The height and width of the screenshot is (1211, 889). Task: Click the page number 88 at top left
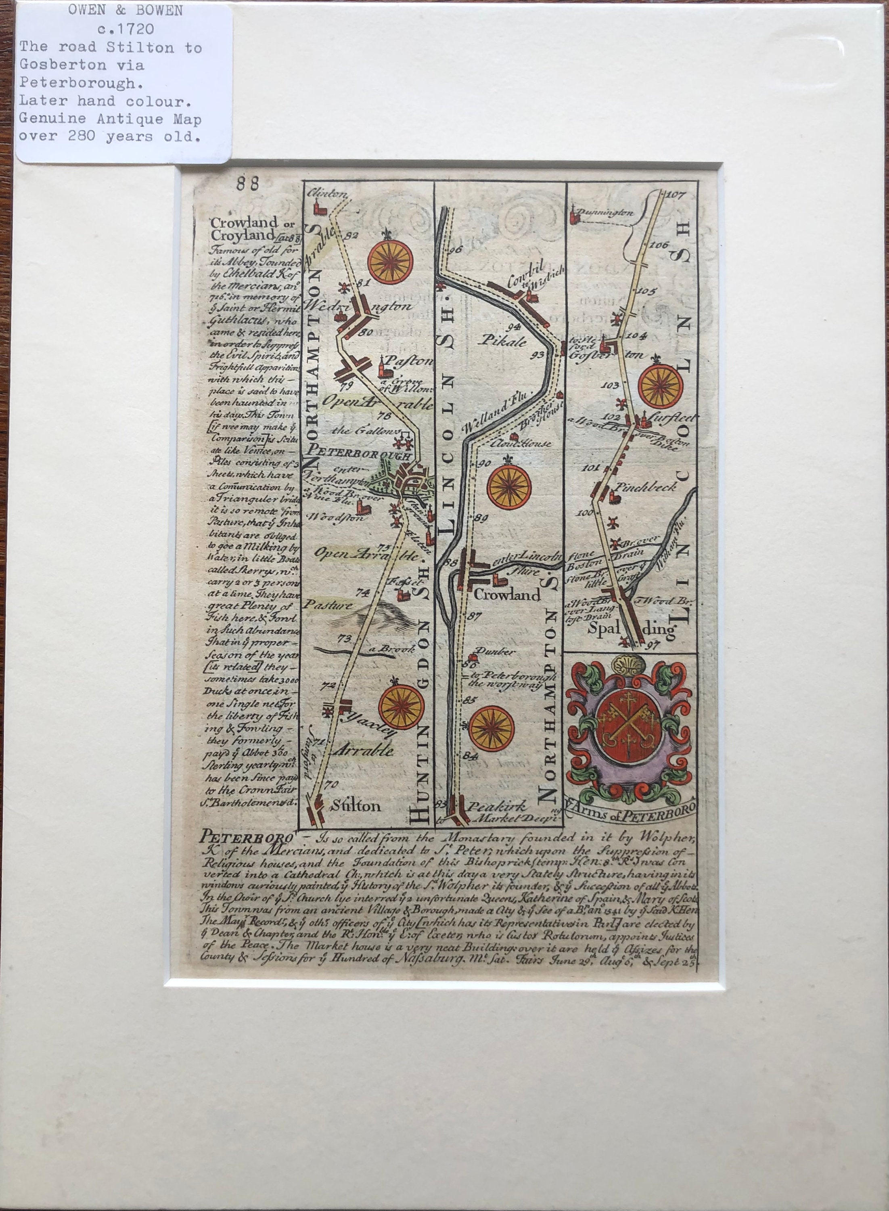point(247,184)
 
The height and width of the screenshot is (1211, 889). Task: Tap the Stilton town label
point(356,806)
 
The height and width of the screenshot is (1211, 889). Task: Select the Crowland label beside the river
point(506,595)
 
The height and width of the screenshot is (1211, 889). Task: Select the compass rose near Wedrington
point(390,262)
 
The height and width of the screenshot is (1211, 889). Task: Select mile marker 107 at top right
point(676,195)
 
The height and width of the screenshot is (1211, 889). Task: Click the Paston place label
point(414,362)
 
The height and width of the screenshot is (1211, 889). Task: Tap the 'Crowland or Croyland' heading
point(245,229)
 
